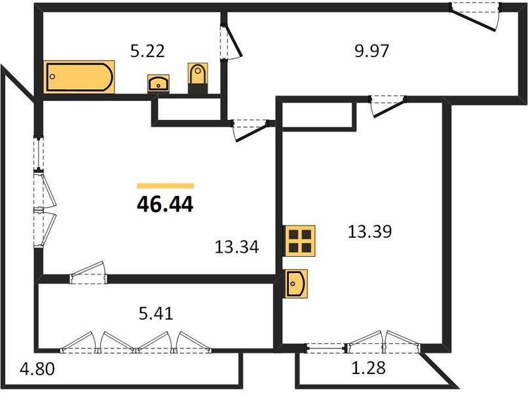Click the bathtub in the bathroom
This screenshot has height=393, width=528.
click(x=79, y=77)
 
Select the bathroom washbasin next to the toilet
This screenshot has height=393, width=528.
click(x=159, y=83)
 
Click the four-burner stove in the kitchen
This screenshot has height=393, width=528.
click(x=300, y=241)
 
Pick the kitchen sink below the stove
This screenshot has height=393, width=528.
click(x=296, y=284)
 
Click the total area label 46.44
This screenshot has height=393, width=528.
click(x=165, y=204)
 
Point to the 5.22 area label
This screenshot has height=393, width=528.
click(x=147, y=51)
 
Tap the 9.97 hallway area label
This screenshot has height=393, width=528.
click(x=372, y=51)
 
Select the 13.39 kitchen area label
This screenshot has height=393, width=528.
click(x=369, y=232)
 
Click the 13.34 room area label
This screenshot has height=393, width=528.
click(x=236, y=247)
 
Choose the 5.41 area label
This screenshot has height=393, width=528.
click(x=156, y=314)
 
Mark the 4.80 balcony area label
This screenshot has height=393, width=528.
click(x=37, y=369)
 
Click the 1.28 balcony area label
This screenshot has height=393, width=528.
click(x=368, y=368)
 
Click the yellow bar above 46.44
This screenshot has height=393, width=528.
click(x=165, y=186)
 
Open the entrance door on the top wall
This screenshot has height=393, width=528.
click(x=476, y=17)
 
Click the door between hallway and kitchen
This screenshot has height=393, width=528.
click(x=388, y=106)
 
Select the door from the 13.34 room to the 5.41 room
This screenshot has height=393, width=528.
click(x=88, y=273)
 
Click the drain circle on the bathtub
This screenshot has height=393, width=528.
click(x=52, y=77)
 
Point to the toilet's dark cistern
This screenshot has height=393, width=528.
click(x=198, y=88)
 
